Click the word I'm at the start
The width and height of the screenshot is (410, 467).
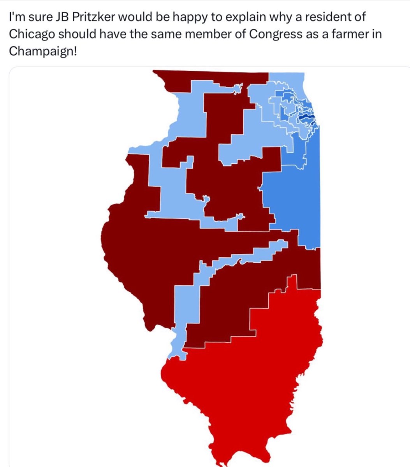pos(16,18)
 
